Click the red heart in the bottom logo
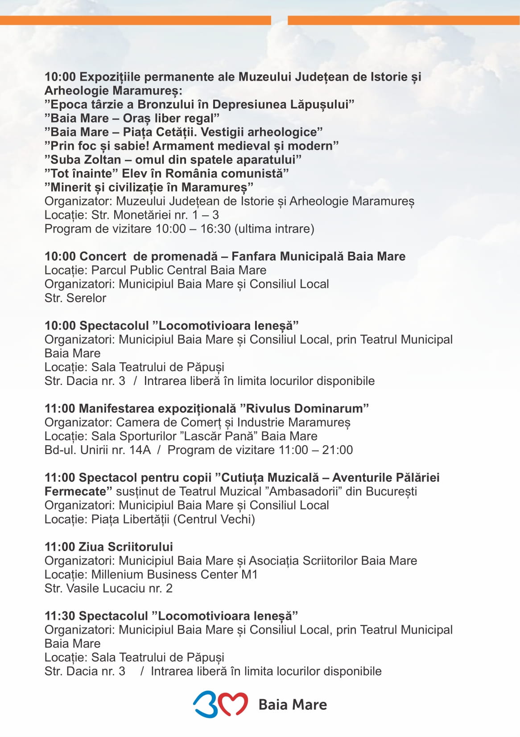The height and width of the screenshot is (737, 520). click(233, 704)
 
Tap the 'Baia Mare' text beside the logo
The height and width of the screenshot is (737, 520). click(293, 704)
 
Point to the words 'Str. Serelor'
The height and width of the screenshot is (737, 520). click(75, 298)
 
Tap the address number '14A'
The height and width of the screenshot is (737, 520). click(140, 450)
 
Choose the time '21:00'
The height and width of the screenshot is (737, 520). click(337, 450)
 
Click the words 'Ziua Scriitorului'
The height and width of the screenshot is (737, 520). click(126, 546)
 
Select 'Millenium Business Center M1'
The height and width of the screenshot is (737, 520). click(174, 574)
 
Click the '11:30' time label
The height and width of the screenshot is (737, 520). click(60, 615)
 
